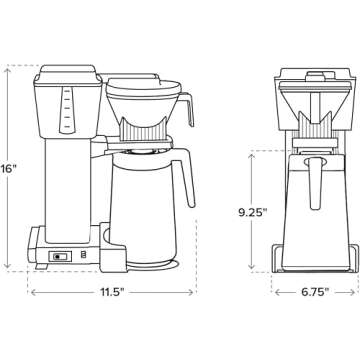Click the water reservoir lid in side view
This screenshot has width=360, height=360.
pos(68,72)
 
